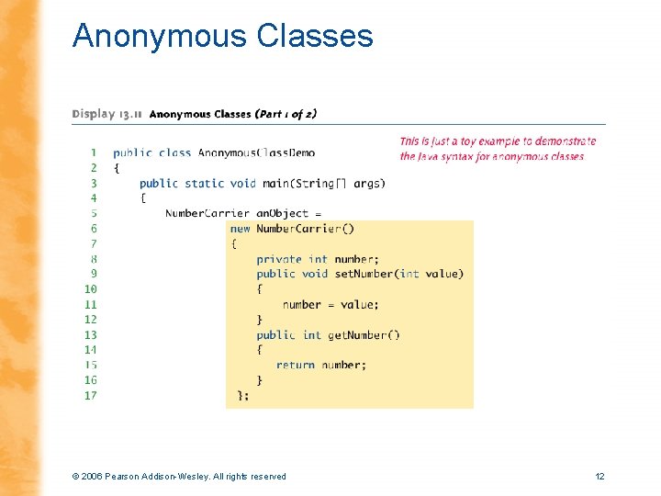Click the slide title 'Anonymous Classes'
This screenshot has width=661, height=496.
click(x=223, y=36)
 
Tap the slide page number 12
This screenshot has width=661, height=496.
click(x=599, y=476)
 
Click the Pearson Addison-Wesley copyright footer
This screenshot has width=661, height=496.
click(x=178, y=476)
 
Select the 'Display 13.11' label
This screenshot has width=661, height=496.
click(x=107, y=114)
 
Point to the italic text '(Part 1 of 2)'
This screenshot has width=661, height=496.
click(x=286, y=114)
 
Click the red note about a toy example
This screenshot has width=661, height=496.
click(x=497, y=148)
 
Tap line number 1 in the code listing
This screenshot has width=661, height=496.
click(x=93, y=152)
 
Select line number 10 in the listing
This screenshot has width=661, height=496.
click(x=90, y=288)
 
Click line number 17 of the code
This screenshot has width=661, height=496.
click(x=90, y=395)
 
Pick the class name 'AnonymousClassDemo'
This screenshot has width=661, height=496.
click(x=256, y=152)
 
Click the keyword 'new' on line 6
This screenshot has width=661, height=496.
click(x=241, y=229)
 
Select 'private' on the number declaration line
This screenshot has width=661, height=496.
click(x=279, y=259)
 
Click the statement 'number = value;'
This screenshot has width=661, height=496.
click(x=330, y=304)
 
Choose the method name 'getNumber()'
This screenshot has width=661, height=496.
click(x=364, y=334)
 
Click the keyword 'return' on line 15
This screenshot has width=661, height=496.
click(x=295, y=365)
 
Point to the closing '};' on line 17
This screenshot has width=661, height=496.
click(x=242, y=395)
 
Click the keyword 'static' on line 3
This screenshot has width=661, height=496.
click(x=205, y=183)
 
